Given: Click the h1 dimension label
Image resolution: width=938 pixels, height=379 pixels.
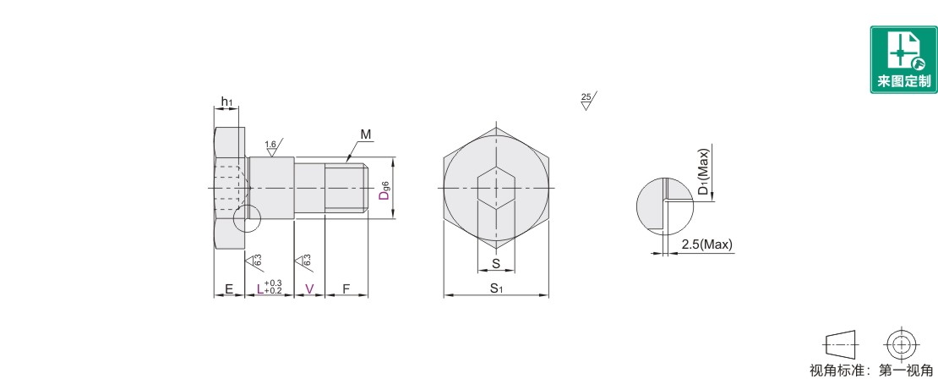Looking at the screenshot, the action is [226, 102].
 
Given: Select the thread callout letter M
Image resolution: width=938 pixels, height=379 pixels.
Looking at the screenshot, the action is [366, 135].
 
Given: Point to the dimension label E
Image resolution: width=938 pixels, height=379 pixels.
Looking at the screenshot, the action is [228, 289].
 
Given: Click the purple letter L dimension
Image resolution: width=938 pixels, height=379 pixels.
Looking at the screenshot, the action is [259, 289].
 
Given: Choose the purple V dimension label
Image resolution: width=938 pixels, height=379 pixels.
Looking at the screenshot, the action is [309, 289].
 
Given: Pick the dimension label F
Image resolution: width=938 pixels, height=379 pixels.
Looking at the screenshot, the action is [346, 289].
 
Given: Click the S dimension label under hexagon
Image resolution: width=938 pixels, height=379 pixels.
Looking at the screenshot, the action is [495, 263].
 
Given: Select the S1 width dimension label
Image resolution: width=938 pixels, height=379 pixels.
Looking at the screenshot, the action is [496, 288].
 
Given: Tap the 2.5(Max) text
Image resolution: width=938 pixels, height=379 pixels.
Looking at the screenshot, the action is [706, 244].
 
